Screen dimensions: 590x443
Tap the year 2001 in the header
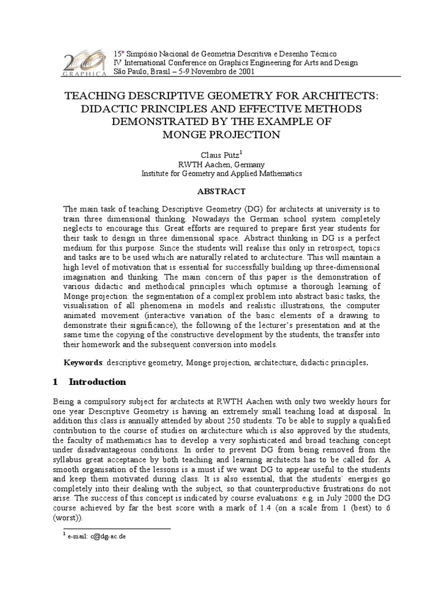point(242,71)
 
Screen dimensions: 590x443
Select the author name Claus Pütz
point(220,154)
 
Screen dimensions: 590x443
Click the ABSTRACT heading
point(222,191)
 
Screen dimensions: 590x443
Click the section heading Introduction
point(97,381)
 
